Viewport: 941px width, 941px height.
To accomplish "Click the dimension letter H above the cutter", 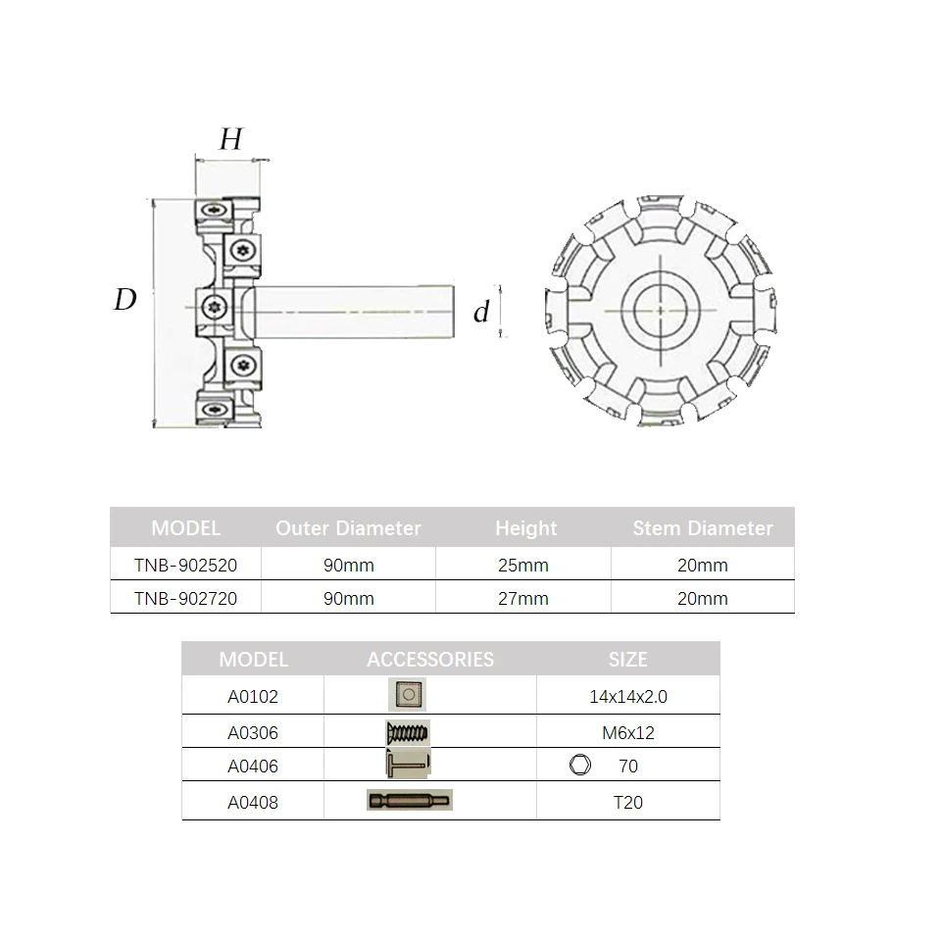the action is point(231,139).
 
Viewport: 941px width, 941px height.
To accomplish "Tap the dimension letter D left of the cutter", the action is point(124,299).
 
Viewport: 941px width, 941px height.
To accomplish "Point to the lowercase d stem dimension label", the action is point(481,312).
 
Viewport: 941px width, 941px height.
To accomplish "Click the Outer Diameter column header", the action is point(348,528).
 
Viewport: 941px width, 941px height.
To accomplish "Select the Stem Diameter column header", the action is point(703,528).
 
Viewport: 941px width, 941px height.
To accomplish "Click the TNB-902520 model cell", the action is point(185,566).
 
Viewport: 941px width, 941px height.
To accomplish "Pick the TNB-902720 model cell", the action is point(185,598).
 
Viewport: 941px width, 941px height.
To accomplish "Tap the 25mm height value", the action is point(523,566).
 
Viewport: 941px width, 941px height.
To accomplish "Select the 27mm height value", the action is point(523,598).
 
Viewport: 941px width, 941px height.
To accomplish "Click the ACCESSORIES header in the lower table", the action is point(430,660).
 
